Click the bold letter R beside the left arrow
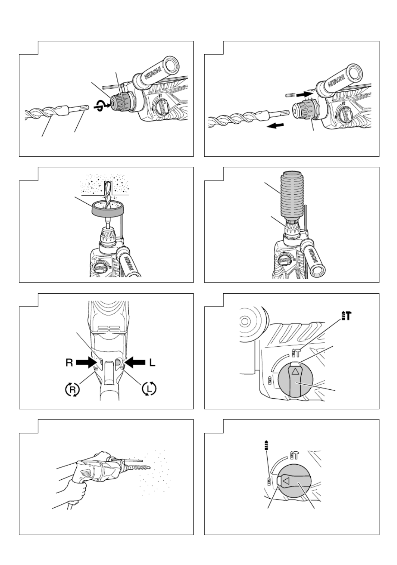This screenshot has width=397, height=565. point(69,363)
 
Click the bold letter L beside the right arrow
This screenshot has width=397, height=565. point(152,363)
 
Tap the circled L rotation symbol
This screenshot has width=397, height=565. point(149,389)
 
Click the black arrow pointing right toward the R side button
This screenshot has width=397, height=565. point(87,363)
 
